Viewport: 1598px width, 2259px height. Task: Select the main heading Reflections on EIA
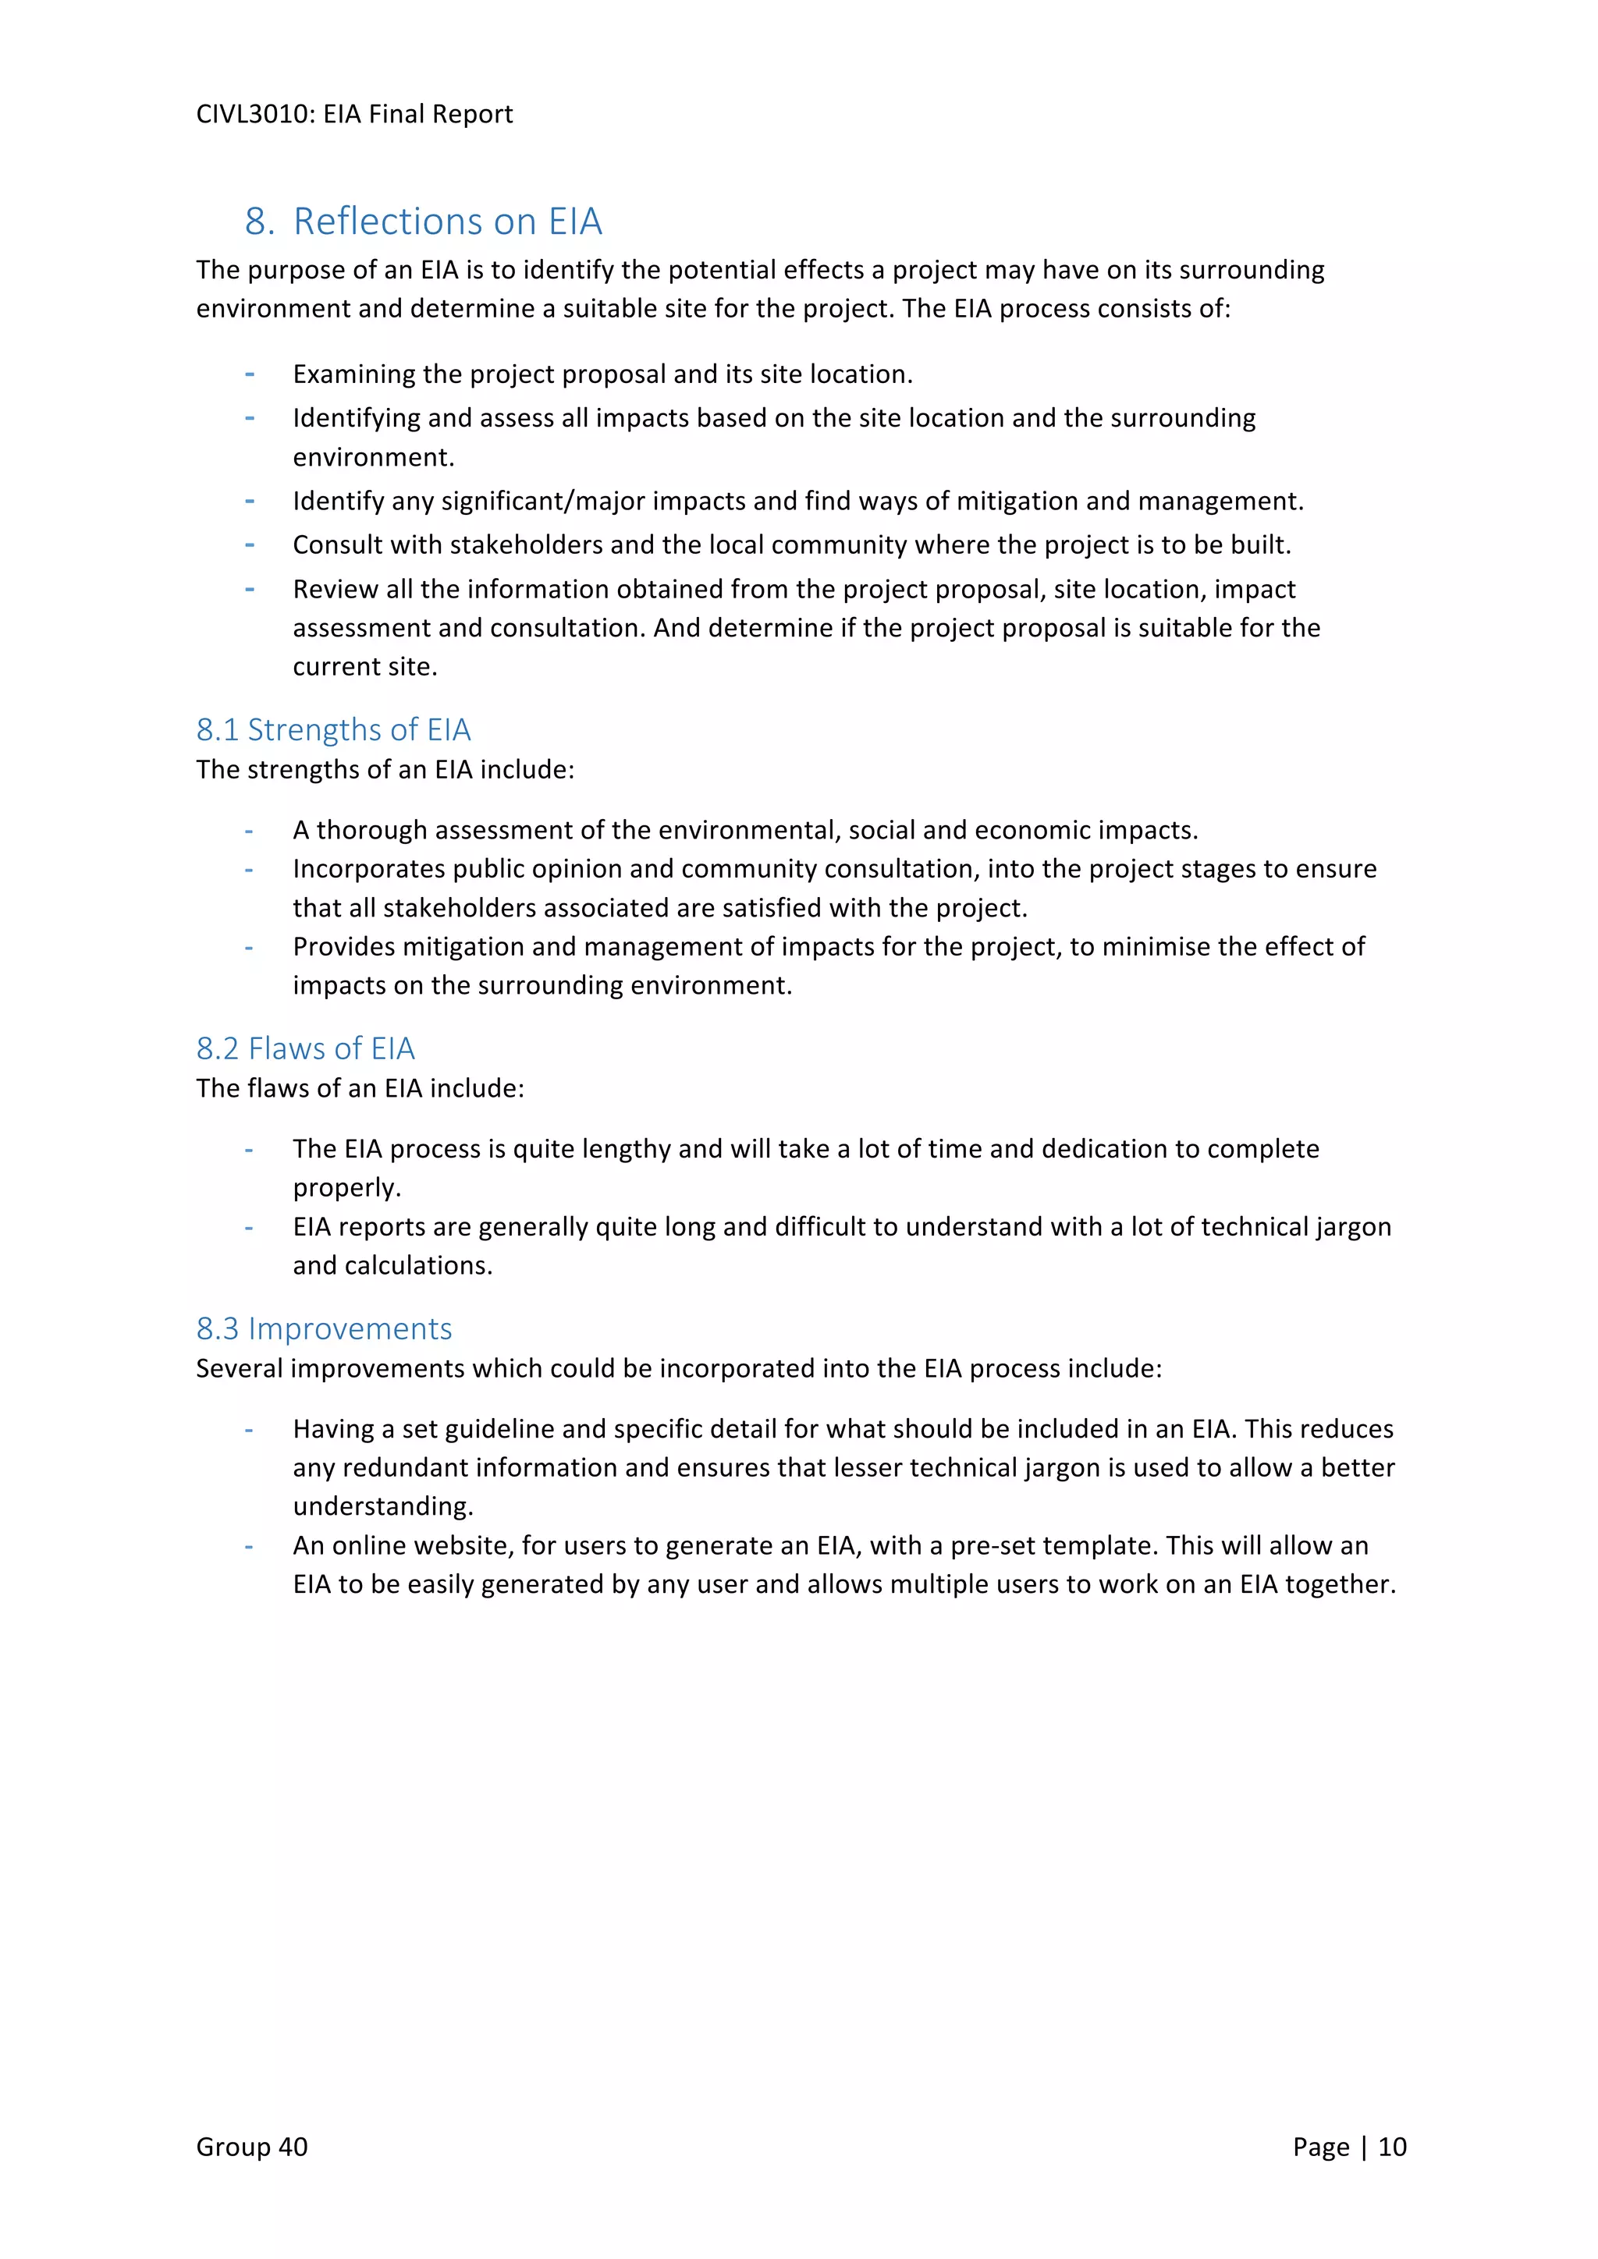click(x=447, y=222)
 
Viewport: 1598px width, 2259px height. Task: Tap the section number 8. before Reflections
click(x=260, y=222)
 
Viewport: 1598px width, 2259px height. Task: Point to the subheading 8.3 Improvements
click(x=324, y=1328)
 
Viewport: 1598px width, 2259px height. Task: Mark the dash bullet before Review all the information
click(x=250, y=588)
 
